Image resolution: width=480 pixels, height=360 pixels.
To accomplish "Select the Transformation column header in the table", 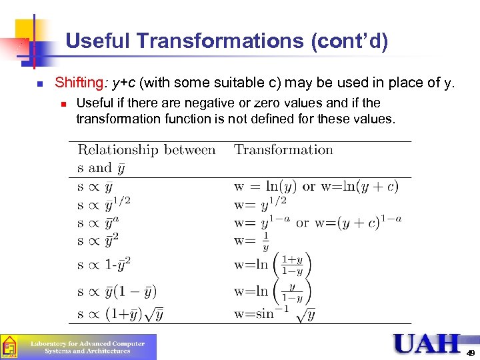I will point(283,150).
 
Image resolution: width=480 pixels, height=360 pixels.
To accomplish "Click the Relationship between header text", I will point(147,150).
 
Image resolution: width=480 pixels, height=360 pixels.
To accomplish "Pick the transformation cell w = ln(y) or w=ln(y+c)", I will point(316,186).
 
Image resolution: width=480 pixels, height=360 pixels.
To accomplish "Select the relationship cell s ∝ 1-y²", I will point(104,264).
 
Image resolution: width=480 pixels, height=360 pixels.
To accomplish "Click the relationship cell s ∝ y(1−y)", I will point(117,291).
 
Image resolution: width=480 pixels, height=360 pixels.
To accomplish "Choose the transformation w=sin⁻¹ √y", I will point(274,313).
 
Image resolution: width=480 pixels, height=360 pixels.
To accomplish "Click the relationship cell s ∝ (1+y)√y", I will point(121,313).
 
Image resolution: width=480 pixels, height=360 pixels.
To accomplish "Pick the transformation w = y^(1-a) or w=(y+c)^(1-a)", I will point(317,222).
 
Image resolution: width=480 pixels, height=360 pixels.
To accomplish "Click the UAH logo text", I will point(427,344).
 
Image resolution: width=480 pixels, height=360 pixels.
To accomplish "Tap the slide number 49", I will point(471,353).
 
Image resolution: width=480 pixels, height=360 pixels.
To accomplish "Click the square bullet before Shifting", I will point(40,84).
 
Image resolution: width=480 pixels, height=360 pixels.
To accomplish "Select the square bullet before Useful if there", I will point(63,104).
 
